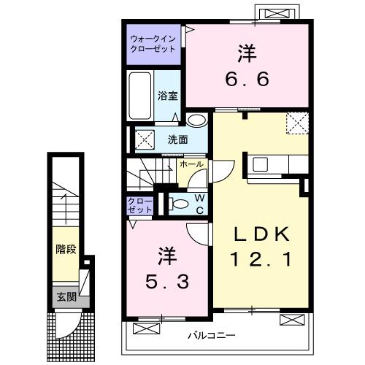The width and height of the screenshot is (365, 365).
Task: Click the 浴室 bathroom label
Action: [168, 95]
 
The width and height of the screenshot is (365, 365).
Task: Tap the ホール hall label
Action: [191, 165]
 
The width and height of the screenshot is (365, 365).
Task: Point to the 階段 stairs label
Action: [66, 249]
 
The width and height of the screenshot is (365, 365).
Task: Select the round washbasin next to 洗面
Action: [196, 121]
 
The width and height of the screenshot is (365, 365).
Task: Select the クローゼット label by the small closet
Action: [141, 204]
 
